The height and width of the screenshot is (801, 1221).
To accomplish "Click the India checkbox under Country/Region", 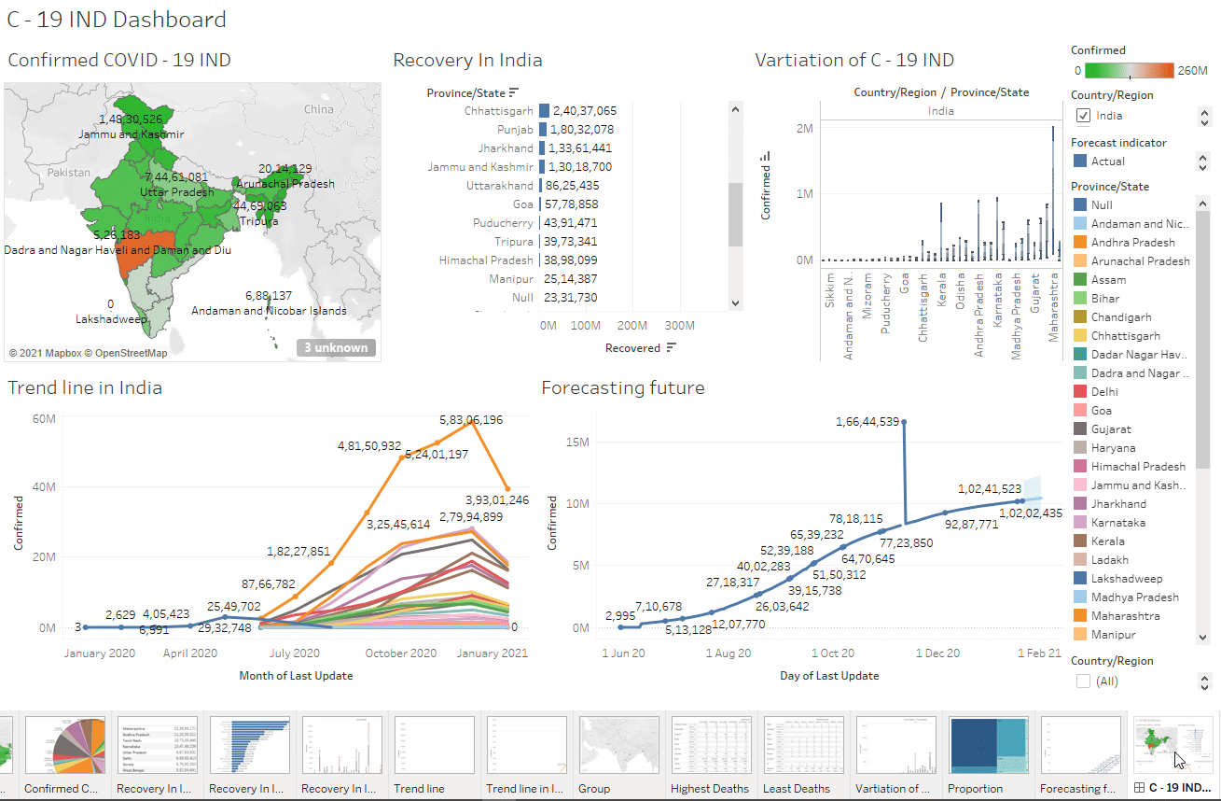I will [x=1083, y=116].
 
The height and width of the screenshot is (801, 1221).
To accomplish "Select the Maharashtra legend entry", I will [x=1126, y=616].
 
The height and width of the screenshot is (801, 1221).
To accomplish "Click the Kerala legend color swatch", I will [x=1079, y=541].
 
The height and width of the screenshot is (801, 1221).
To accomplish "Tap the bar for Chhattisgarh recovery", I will [x=544, y=111].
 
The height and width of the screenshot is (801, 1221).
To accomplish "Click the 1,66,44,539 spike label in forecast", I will [x=867, y=422].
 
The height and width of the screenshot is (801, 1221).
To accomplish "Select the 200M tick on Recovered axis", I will [x=632, y=326].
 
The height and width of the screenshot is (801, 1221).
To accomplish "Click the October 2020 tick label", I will [x=401, y=653].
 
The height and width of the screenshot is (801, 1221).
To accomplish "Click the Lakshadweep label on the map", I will [x=111, y=319].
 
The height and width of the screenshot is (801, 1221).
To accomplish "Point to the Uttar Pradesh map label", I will [x=176, y=192].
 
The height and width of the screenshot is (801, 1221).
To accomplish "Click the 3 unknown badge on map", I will [x=338, y=348].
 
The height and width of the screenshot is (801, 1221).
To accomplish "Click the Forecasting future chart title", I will [x=622, y=387].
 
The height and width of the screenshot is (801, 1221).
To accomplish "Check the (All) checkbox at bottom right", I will [x=1083, y=682].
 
